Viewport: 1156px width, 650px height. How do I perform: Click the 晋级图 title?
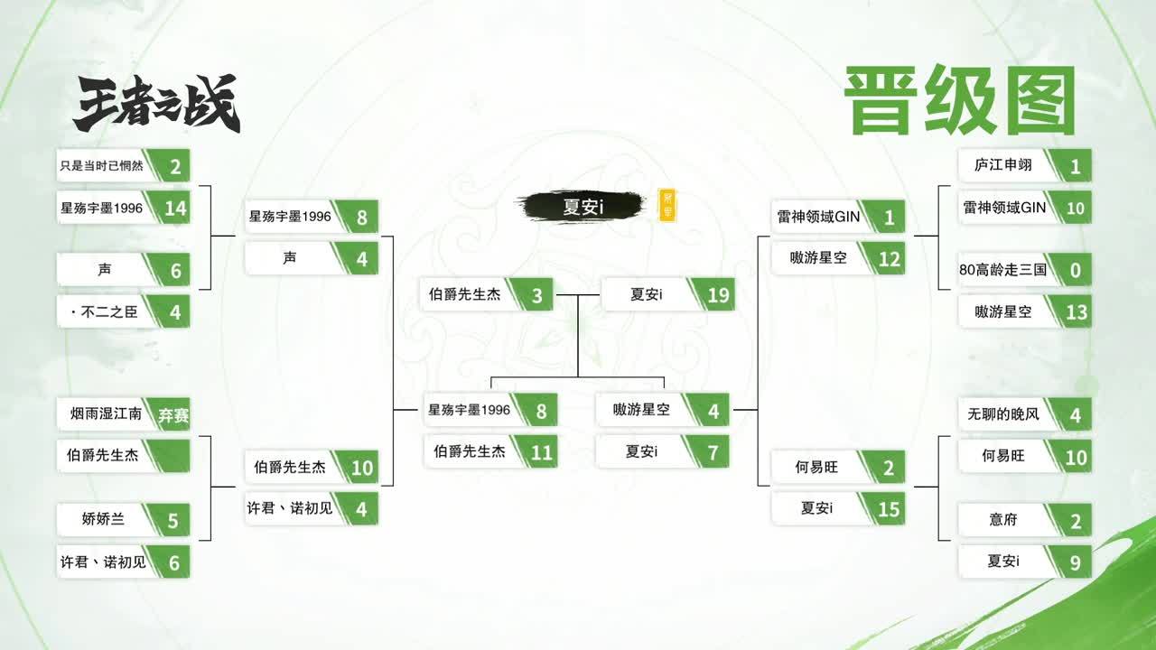click(960, 100)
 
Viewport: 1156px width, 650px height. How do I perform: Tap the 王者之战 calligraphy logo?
click(157, 102)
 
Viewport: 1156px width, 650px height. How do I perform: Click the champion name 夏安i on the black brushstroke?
click(583, 207)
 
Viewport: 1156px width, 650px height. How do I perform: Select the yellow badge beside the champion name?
click(667, 206)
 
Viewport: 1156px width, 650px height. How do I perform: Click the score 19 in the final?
click(718, 295)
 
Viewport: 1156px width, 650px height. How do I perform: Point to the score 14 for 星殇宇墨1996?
click(175, 209)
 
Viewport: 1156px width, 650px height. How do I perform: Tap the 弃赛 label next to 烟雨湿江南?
click(173, 414)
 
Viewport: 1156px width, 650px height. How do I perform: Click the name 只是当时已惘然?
click(102, 165)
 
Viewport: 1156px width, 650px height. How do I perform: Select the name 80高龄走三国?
click(1002, 269)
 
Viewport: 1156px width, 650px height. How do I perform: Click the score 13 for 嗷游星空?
click(1076, 312)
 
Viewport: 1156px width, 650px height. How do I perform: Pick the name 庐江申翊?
click(1002, 165)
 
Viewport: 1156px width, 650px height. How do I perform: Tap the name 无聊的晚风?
click(1002, 414)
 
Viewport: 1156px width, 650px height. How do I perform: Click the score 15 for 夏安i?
click(889, 510)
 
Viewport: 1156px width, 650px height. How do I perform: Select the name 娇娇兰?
click(103, 518)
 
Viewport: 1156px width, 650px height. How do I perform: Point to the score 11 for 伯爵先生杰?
click(541, 453)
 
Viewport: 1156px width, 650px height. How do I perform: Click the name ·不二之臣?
click(104, 311)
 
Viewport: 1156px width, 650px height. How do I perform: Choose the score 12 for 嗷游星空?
click(890, 259)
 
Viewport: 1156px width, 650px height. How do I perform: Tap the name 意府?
click(1002, 519)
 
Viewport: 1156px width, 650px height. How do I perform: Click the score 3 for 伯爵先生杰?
click(537, 295)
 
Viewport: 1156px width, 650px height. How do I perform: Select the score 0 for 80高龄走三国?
click(1076, 270)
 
